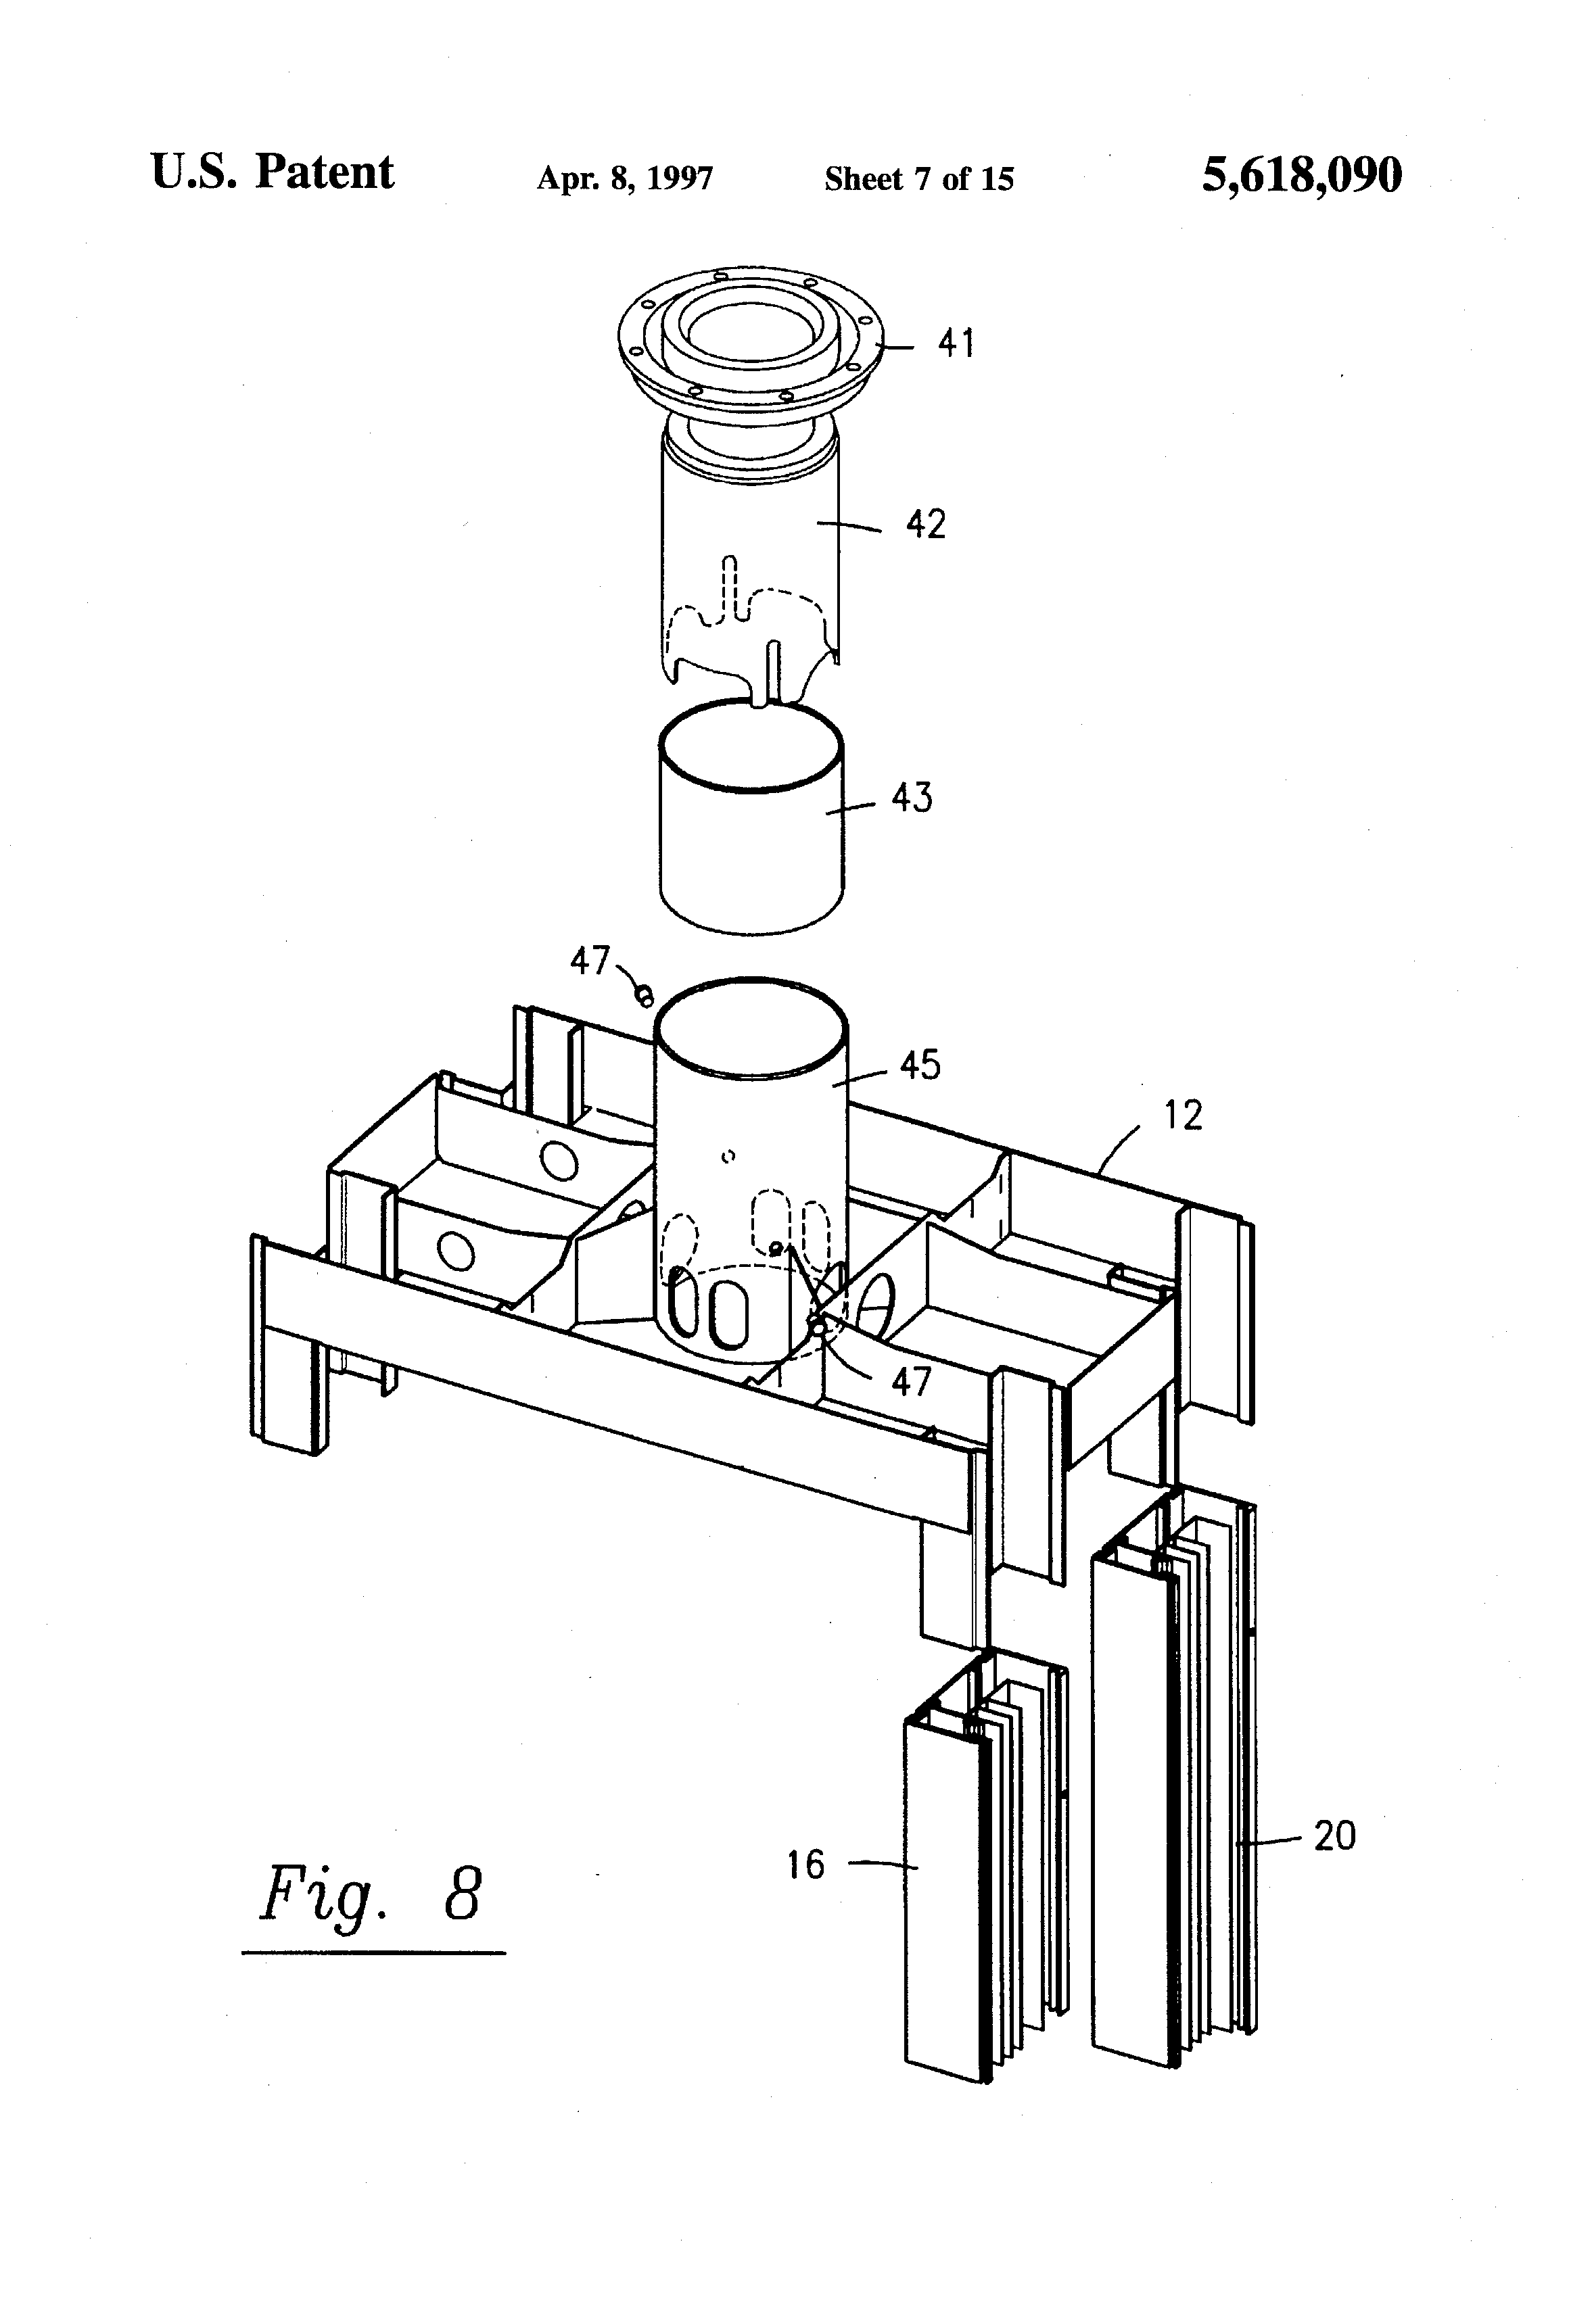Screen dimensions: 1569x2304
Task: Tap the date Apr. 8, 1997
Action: pos(625,178)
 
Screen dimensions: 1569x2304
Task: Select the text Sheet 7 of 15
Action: pos(919,178)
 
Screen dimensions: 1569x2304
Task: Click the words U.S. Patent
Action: pos(273,172)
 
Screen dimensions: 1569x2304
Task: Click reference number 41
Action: pos(957,344)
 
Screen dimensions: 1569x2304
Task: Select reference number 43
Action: pos(912,797)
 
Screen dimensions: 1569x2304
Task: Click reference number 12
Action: pos(1182,1115)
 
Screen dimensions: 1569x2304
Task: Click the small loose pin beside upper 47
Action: pos(645,993)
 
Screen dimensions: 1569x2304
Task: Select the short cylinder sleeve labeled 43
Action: pos(752,814)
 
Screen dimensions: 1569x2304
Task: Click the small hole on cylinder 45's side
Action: pos(729,1156)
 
